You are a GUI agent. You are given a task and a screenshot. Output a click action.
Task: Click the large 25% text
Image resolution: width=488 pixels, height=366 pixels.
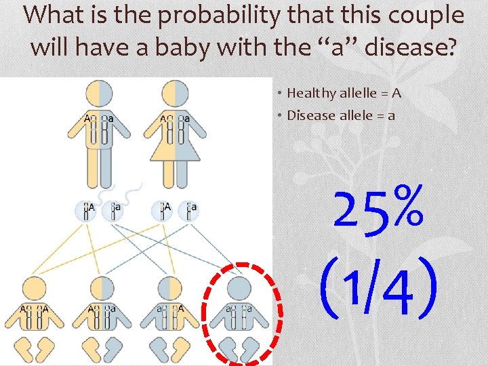point(380,206)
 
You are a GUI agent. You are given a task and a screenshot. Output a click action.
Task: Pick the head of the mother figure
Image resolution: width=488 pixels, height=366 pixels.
point(176,93)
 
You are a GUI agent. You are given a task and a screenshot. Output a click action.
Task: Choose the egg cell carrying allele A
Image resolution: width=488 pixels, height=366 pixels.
point(163,210)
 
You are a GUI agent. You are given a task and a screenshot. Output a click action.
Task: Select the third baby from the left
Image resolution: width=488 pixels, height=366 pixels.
point(171,319)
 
